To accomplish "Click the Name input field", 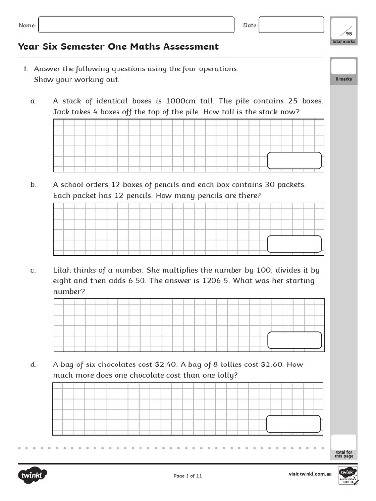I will pos(136,25).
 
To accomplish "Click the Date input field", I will pos(291,25).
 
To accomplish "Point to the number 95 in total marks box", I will pos(349,34).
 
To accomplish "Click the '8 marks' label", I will pos(343,79).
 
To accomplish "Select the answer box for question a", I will pos(294,160).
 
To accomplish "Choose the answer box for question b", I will pos(294,244).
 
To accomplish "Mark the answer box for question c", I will pos(294,340).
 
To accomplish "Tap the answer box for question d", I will pos(293,424).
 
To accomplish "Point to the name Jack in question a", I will pos(61,112).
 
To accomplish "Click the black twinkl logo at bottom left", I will pos(33,475).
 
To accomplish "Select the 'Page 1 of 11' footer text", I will pos(188,476).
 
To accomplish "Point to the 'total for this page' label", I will pos(344,455).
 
